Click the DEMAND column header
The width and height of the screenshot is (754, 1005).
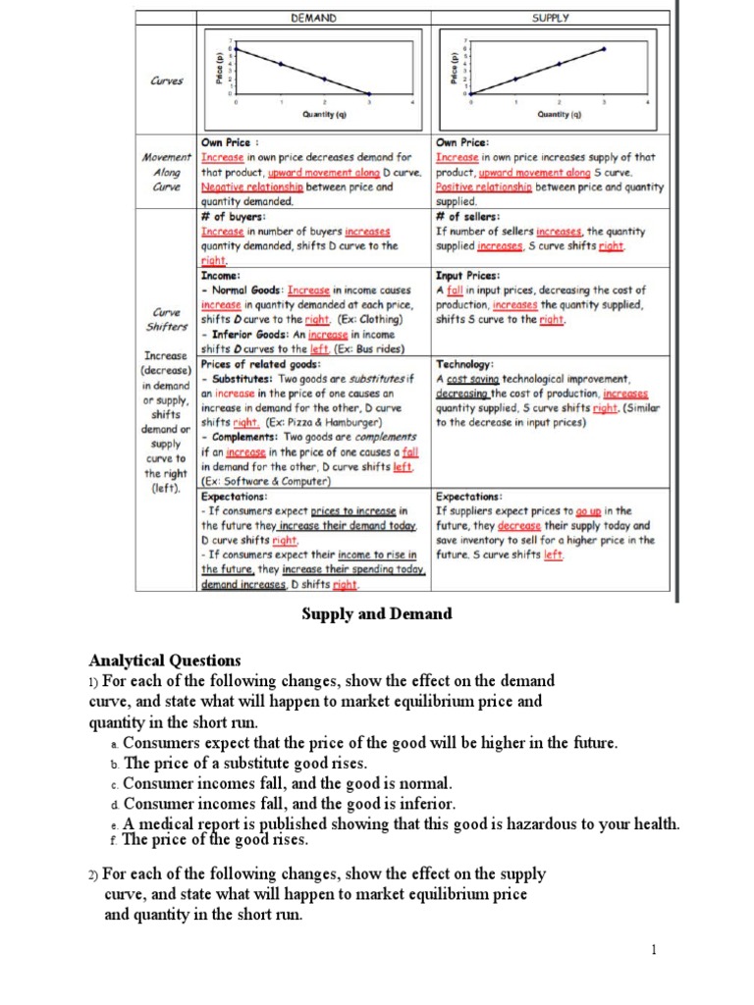314,18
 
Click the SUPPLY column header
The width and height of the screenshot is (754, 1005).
551,18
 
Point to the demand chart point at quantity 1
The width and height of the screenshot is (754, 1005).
281,64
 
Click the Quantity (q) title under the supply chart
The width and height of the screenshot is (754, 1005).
560,114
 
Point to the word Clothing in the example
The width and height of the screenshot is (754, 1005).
378,320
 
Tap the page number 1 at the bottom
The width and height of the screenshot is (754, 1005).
652,949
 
